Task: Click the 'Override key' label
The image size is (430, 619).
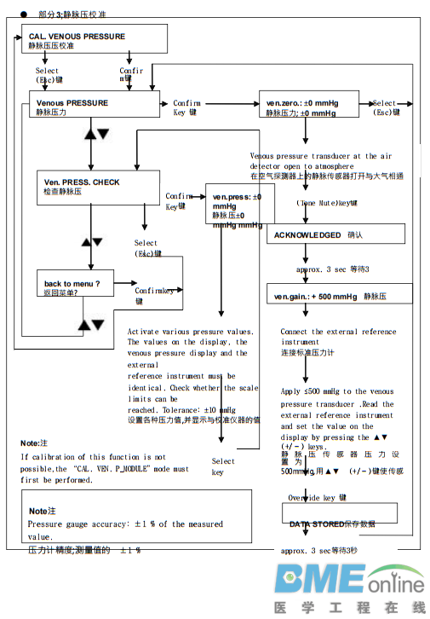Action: [x=316, y=497]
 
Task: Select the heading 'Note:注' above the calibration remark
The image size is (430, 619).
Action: [x=35, y=443]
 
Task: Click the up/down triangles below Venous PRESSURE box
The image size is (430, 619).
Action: [x=97, y=135]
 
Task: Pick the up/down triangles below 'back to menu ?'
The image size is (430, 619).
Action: [x=91, y=325]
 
